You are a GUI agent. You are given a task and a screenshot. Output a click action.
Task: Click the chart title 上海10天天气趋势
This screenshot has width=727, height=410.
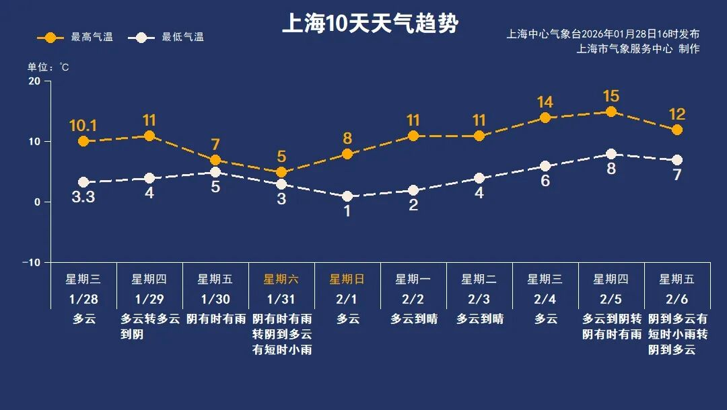(370, 24)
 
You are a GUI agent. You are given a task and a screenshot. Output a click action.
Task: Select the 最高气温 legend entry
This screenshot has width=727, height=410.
(75, 37)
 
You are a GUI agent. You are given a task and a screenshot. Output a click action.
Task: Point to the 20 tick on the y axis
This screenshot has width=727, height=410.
(34, 81)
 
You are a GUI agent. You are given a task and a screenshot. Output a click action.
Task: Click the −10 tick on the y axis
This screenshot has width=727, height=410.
(32, 262)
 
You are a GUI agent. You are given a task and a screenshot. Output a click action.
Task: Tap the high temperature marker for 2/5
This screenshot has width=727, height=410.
(611, 112)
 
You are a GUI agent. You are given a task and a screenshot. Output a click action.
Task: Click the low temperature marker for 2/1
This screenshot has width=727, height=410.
(347, 196)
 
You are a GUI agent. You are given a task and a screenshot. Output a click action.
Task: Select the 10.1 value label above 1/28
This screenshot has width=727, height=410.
(83, 126)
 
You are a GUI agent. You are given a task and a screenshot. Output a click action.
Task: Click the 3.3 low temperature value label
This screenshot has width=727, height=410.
(83, 198)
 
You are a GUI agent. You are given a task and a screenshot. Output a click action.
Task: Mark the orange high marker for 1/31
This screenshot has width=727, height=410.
(281, 172)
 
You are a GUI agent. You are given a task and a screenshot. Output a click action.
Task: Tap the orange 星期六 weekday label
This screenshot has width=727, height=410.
(281, 279)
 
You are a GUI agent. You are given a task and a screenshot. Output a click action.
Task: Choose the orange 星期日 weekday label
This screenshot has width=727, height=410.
(347, 279)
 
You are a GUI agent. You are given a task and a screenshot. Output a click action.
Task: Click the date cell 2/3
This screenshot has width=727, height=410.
(479, 298)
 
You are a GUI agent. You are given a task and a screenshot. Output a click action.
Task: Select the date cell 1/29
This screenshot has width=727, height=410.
(149, 298)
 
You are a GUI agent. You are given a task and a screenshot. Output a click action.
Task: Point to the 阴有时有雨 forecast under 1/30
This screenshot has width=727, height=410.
(215, 319)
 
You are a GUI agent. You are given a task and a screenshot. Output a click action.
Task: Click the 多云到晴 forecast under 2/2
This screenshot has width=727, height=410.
(413, 319)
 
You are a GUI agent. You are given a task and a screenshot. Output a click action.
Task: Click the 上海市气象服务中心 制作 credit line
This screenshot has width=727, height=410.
(638, 48)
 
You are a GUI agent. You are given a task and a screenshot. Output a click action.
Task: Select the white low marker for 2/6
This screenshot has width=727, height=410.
(677, 160)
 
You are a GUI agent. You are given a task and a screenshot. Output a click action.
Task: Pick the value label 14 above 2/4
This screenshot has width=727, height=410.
(545, 102)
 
